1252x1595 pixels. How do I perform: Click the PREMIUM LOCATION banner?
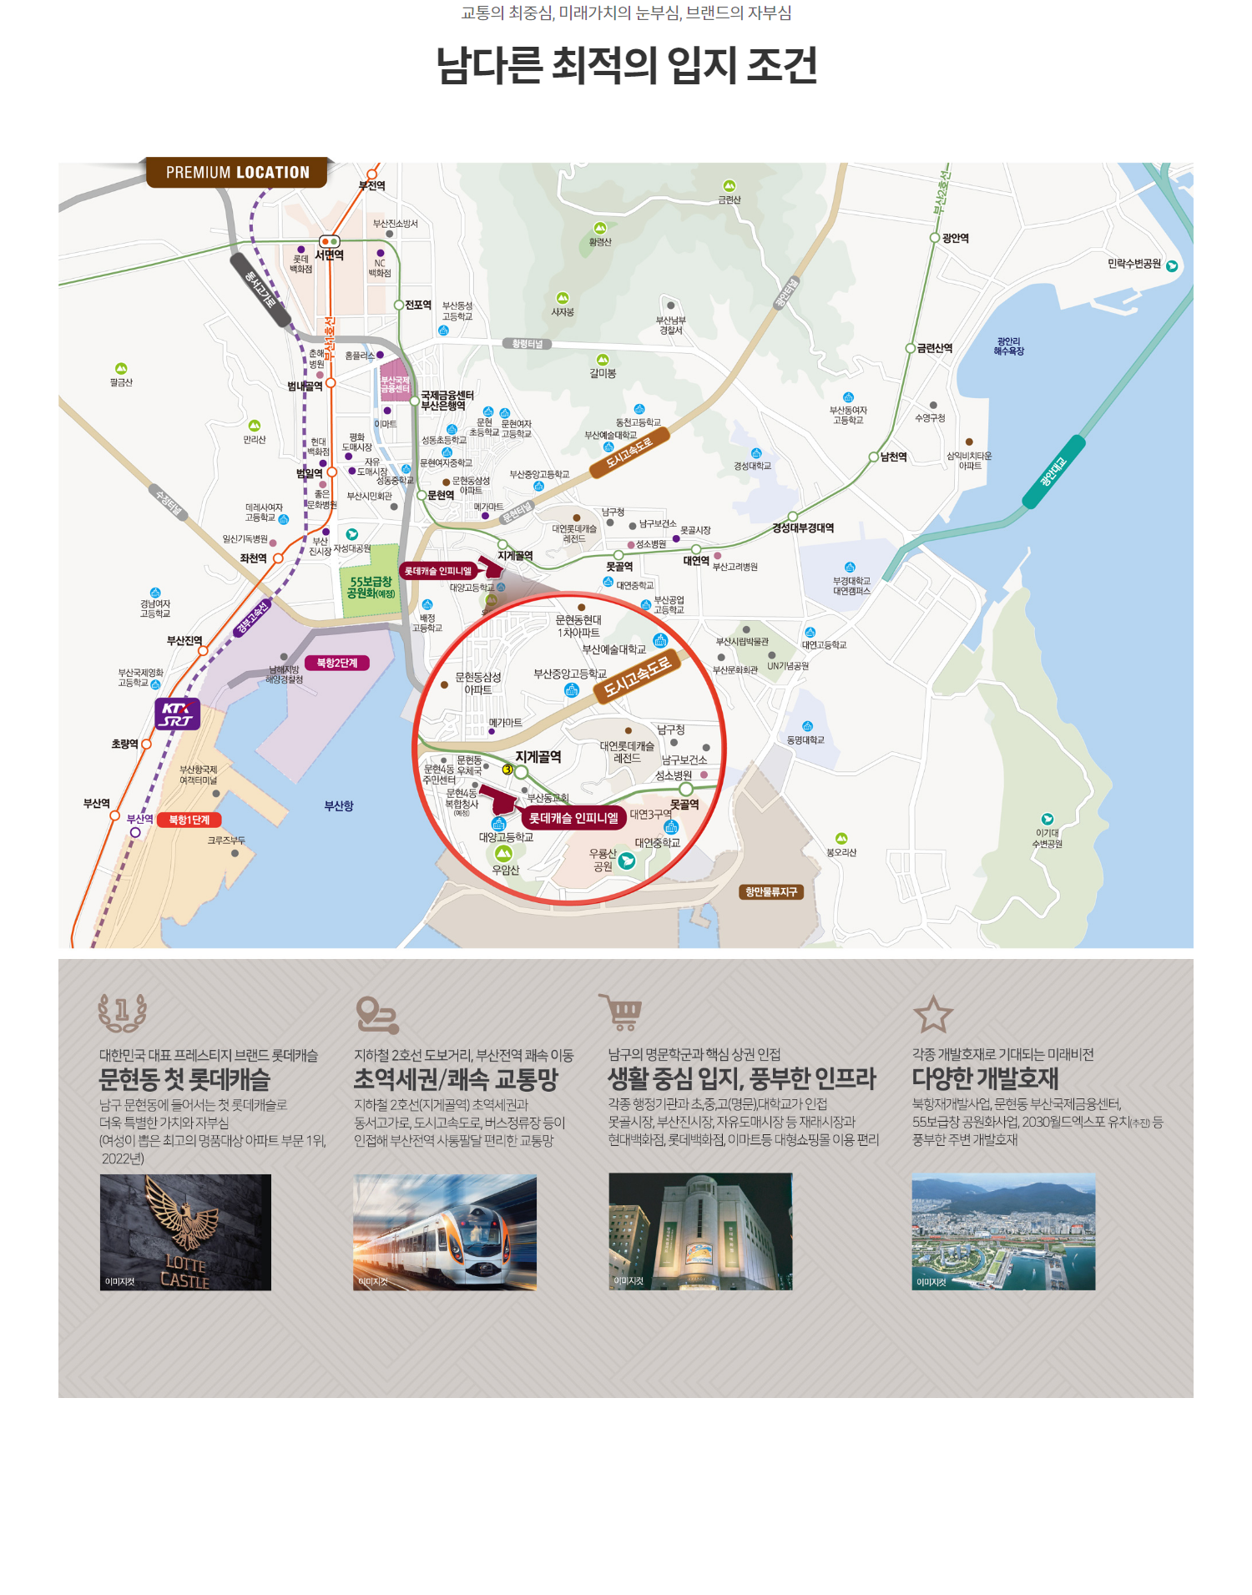click(x=237, y=173)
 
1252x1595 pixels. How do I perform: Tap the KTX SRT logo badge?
click(x=177, y=714)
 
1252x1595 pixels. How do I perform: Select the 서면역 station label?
click(x=329, y=255)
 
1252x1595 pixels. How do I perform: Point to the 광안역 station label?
click(x=955, y=238)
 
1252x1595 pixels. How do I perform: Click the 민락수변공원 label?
click(x=1134, y=264)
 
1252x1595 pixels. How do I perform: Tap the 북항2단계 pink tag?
click(x=337, y=663)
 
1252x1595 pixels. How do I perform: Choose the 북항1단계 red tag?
click(x=189, y=820)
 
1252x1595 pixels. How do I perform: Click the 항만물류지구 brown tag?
click(x=770, y=891)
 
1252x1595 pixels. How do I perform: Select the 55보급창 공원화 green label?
click(x=371, y=587)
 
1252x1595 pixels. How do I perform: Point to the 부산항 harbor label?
click(x=339, y=805)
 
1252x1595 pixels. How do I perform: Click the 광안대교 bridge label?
click(x=1053, y=472)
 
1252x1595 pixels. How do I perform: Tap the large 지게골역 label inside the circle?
click(x=538, y=756)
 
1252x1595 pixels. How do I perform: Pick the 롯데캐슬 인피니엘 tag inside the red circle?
click(x=573, y=818)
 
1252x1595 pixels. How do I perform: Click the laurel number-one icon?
click(x=123, y=1012)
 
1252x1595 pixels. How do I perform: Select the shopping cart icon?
click(x=622, y=1011)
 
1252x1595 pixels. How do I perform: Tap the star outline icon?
click(x=932, y=1014)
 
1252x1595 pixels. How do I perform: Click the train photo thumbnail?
click(x=445, y=1232)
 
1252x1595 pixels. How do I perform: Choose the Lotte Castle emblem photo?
click(x=185, y=1232)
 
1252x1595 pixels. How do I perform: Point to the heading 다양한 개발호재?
click(x=985, y=1078)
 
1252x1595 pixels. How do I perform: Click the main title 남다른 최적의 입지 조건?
click(x=626, y=65)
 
